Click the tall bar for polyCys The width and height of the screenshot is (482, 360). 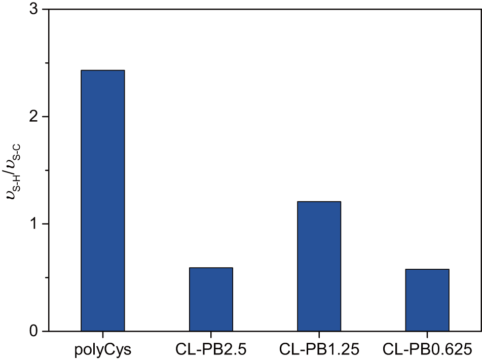point(103,200)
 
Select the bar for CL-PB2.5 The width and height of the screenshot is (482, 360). point(211,299)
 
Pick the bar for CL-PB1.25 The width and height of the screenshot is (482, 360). point(319,266)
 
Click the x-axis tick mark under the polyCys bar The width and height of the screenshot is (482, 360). point(103,333)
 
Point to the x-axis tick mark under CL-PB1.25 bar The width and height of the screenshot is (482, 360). point(319,333)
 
